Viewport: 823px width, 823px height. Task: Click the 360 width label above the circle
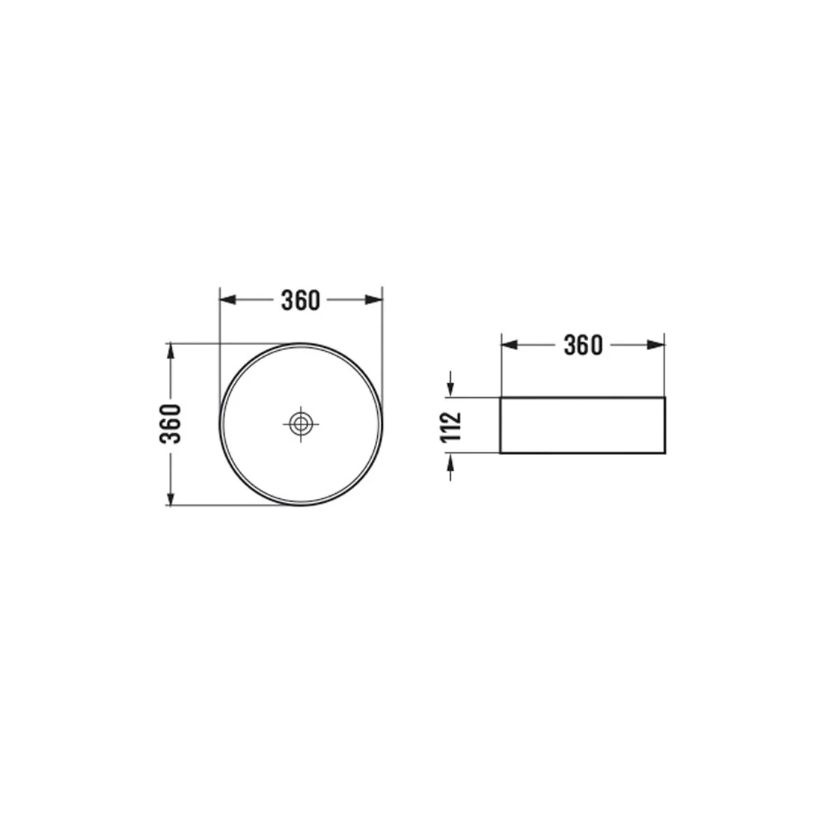[300, 300]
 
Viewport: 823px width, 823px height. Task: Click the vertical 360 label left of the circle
[171, 423]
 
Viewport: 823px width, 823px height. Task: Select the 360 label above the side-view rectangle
[583, 345]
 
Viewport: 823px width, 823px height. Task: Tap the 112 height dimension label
[451, 426]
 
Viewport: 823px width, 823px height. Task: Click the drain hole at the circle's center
[301, 423]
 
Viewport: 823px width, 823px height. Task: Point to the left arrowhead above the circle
[227, 300]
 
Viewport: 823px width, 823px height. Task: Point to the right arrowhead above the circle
[373, 300]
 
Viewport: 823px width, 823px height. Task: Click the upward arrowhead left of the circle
[170, 351]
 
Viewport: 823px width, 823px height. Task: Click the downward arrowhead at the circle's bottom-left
[170, 497]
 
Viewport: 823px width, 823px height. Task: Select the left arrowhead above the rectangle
[510, 345]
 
